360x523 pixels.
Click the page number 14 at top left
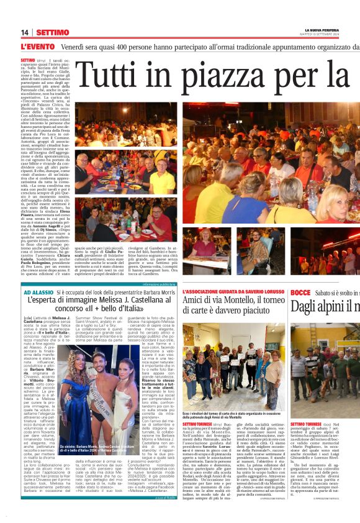25,32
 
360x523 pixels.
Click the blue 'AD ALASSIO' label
38,291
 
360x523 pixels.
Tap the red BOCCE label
300,291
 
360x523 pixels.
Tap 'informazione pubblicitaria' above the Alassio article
159,284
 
